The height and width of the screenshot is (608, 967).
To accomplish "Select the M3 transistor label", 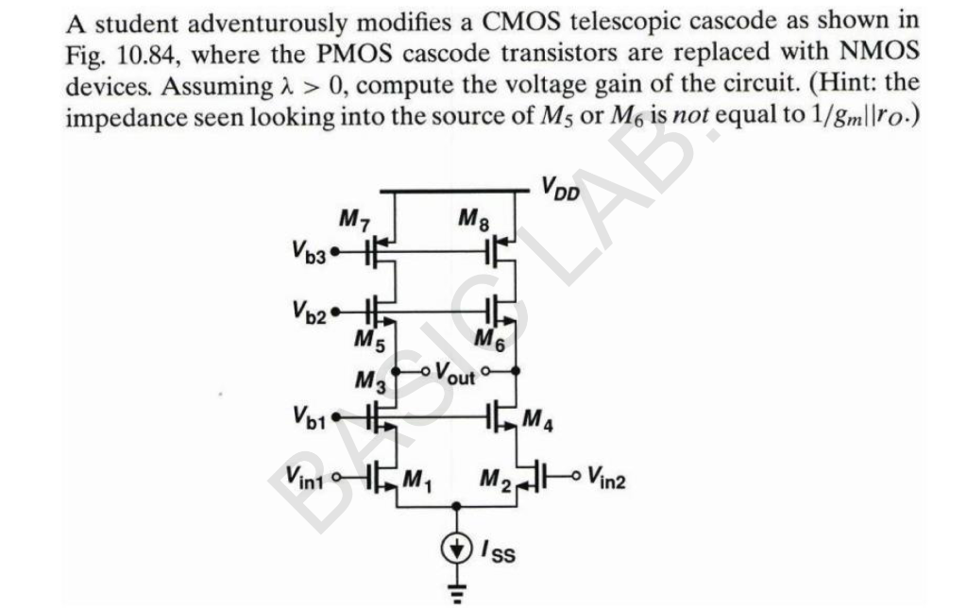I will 369,381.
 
